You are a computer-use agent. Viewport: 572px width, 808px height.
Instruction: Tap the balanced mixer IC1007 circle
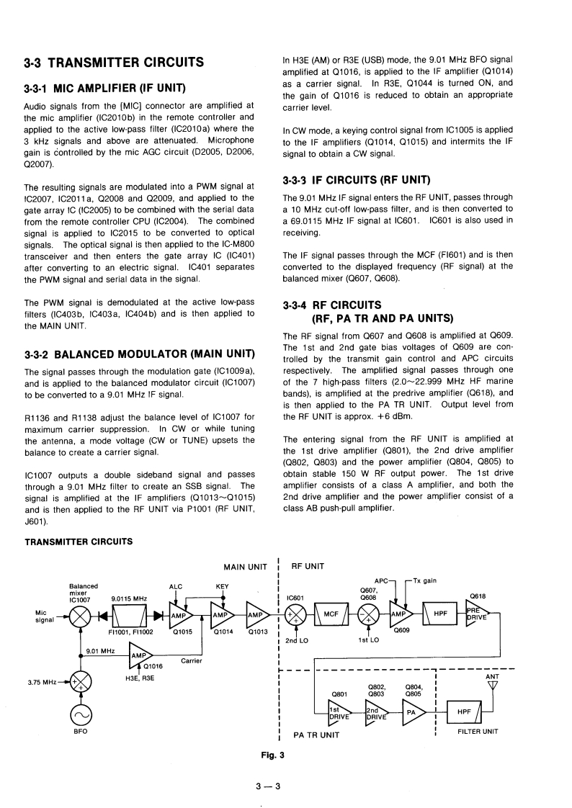(x=80, y=616)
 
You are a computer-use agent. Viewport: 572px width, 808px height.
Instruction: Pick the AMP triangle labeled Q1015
(x=184, y=616)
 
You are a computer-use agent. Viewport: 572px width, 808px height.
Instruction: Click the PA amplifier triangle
(x=414, y=711)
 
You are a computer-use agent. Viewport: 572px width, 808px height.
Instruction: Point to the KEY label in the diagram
(x=223, y=567)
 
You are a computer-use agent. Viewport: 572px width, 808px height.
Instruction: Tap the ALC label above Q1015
(x=176, y=567)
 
